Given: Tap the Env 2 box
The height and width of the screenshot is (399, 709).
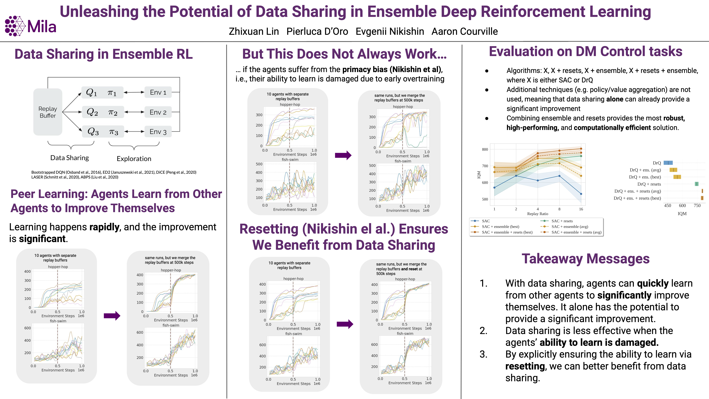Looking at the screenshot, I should tap(158, 112).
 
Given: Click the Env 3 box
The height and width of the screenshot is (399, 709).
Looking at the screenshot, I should tap(158, 132).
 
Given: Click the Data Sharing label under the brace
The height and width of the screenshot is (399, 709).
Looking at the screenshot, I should tap(70, 158).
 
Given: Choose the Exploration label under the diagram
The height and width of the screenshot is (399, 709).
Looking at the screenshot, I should tap(134, 159).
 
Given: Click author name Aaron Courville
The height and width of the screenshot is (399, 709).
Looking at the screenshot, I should tap(465, 31).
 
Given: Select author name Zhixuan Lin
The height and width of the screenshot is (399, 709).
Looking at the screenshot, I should tap(254, 31).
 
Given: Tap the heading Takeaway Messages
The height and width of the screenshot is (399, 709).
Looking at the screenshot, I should tap(585, 259).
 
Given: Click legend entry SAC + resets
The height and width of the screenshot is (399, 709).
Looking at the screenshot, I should tap(562, 221).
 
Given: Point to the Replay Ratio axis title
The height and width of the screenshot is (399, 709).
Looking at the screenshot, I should tap(538, 214).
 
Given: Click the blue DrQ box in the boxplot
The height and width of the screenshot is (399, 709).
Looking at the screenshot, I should tap(668, 163).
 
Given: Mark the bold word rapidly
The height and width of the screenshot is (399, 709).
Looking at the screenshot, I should tap(104, 227).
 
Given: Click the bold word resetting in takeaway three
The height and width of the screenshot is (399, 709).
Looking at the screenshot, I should tap(525, 366).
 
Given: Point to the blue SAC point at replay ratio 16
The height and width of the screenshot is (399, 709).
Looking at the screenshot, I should tap(581, 194).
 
